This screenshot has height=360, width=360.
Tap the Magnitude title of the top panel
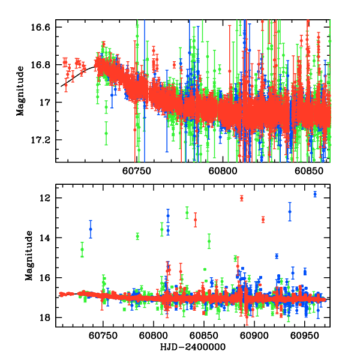pyautogui.click(x=20, y=94)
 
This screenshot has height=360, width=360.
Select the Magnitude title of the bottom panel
pyautogui.click(x=28, y=259)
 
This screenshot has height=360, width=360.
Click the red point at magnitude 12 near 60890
pyautogui.click(x=242, y=198)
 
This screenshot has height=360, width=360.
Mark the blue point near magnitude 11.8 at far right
pyautogui.click(x=315, y=194)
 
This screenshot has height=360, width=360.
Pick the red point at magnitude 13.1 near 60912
pyautogui.click(x=263, y=220)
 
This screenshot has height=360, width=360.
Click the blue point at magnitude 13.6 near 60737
pyautogui.click(x=91, y=229)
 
